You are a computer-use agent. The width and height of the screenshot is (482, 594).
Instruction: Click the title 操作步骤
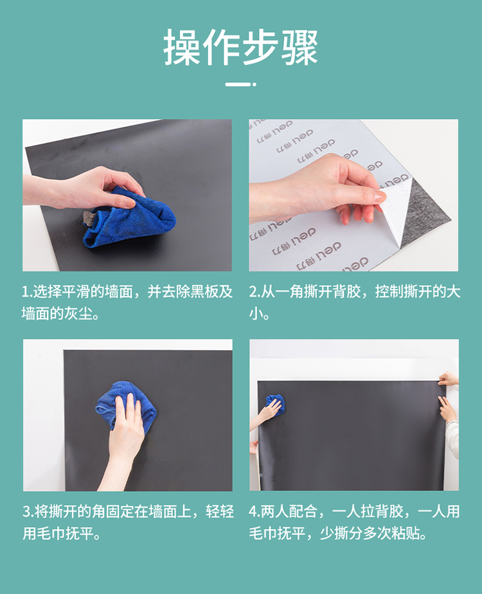click(240, 48)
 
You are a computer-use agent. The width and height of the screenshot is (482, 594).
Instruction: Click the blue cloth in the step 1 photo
click(129, 217)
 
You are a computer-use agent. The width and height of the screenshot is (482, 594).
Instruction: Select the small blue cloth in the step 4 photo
click(276, 405)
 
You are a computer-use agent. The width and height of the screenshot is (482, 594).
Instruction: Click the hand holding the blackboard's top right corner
click(449, 378)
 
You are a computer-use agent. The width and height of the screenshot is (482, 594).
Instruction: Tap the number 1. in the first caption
click(27, 292)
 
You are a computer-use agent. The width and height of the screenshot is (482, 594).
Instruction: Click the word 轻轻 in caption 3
click(220, 512)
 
